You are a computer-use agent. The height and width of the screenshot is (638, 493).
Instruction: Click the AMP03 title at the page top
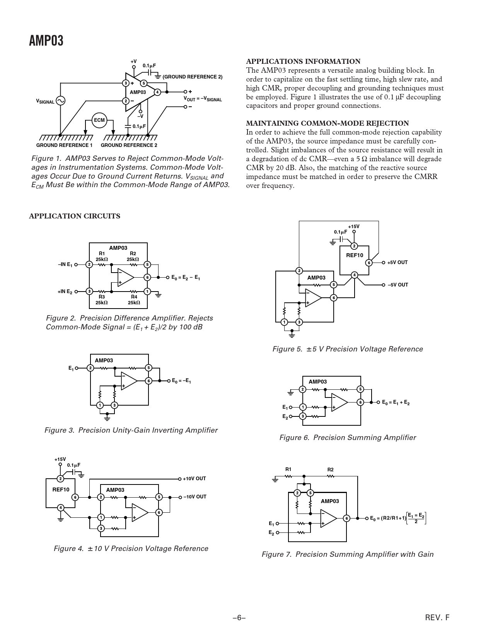tap(46, 41)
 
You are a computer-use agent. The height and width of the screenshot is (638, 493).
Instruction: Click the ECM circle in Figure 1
tap(99, 120)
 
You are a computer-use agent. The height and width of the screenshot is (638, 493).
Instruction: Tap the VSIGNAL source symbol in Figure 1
tap(60, 101)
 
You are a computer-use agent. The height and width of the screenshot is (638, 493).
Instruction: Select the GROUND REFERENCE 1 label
tap(64, 145)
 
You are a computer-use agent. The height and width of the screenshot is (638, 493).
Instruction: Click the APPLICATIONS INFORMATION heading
tap(303, 61)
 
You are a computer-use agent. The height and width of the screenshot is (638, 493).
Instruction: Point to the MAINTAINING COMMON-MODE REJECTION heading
tap(327, 123)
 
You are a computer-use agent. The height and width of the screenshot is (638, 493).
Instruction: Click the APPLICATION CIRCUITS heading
tap(75, 216)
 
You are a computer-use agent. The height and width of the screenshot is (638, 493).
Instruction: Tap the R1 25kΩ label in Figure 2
tap(102, 256)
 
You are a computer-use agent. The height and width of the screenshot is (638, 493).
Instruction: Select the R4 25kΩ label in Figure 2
tap(134, 300)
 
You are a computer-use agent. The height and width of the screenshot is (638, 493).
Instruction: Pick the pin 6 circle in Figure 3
tap(148, 381)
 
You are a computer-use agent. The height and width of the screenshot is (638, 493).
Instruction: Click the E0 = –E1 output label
tap(181, 381)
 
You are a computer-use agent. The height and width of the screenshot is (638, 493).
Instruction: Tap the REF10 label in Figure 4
tap(61, 490)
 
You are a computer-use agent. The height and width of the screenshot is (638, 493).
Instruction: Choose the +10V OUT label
tap(194, 479)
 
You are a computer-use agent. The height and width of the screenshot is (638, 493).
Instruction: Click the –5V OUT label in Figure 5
tap(397, 285)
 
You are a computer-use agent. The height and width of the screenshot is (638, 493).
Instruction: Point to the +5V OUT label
tap(397, 263)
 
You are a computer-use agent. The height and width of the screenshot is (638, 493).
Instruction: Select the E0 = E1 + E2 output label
tap(396, 403)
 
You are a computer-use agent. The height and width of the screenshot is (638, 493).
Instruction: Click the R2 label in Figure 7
tap(331, 470)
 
